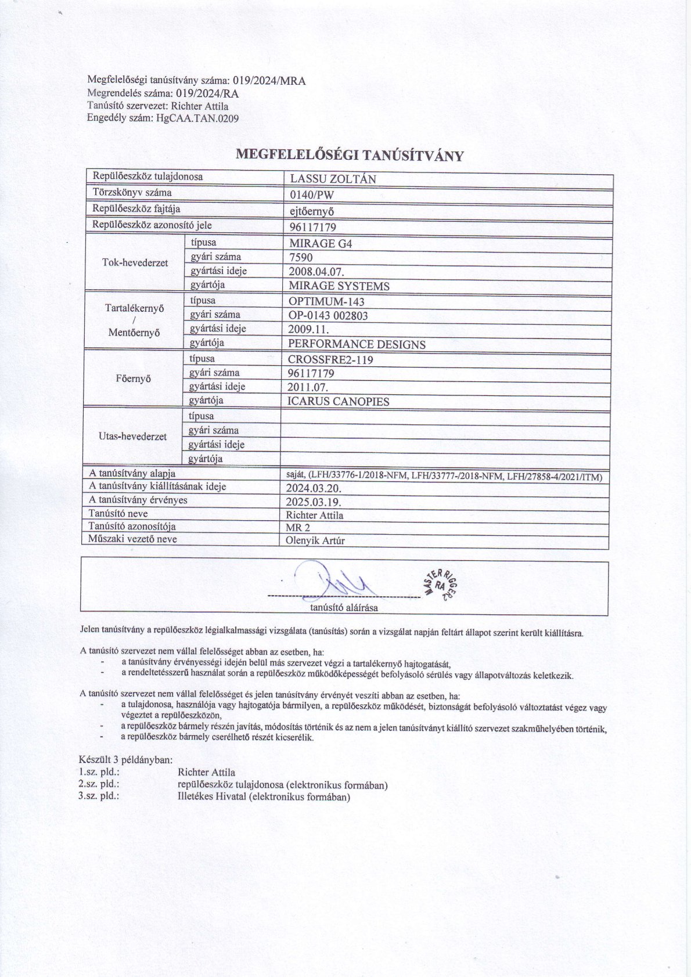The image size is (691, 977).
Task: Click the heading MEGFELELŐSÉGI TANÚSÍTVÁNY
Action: point(350,155)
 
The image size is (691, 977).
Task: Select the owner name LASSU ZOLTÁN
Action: point(333,179)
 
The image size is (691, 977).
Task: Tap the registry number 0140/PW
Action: point(312,195)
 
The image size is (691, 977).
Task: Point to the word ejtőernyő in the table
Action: point(312,211)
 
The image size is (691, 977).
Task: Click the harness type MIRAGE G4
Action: point(320,243)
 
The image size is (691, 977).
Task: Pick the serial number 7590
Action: point(300,257)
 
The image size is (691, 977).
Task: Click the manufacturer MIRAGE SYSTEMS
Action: point(339,286)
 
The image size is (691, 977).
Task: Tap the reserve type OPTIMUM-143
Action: point(326,301)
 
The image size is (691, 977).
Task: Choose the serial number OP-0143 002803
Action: point(328,316)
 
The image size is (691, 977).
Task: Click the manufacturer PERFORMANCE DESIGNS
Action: point(357,344)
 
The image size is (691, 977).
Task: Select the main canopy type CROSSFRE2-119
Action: point(330,359)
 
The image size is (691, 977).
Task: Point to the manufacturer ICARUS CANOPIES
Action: point(339,401)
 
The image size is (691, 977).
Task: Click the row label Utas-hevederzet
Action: point(133,437)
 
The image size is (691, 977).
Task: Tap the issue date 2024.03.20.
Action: point(314,488)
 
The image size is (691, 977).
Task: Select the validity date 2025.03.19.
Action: point(314,502)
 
